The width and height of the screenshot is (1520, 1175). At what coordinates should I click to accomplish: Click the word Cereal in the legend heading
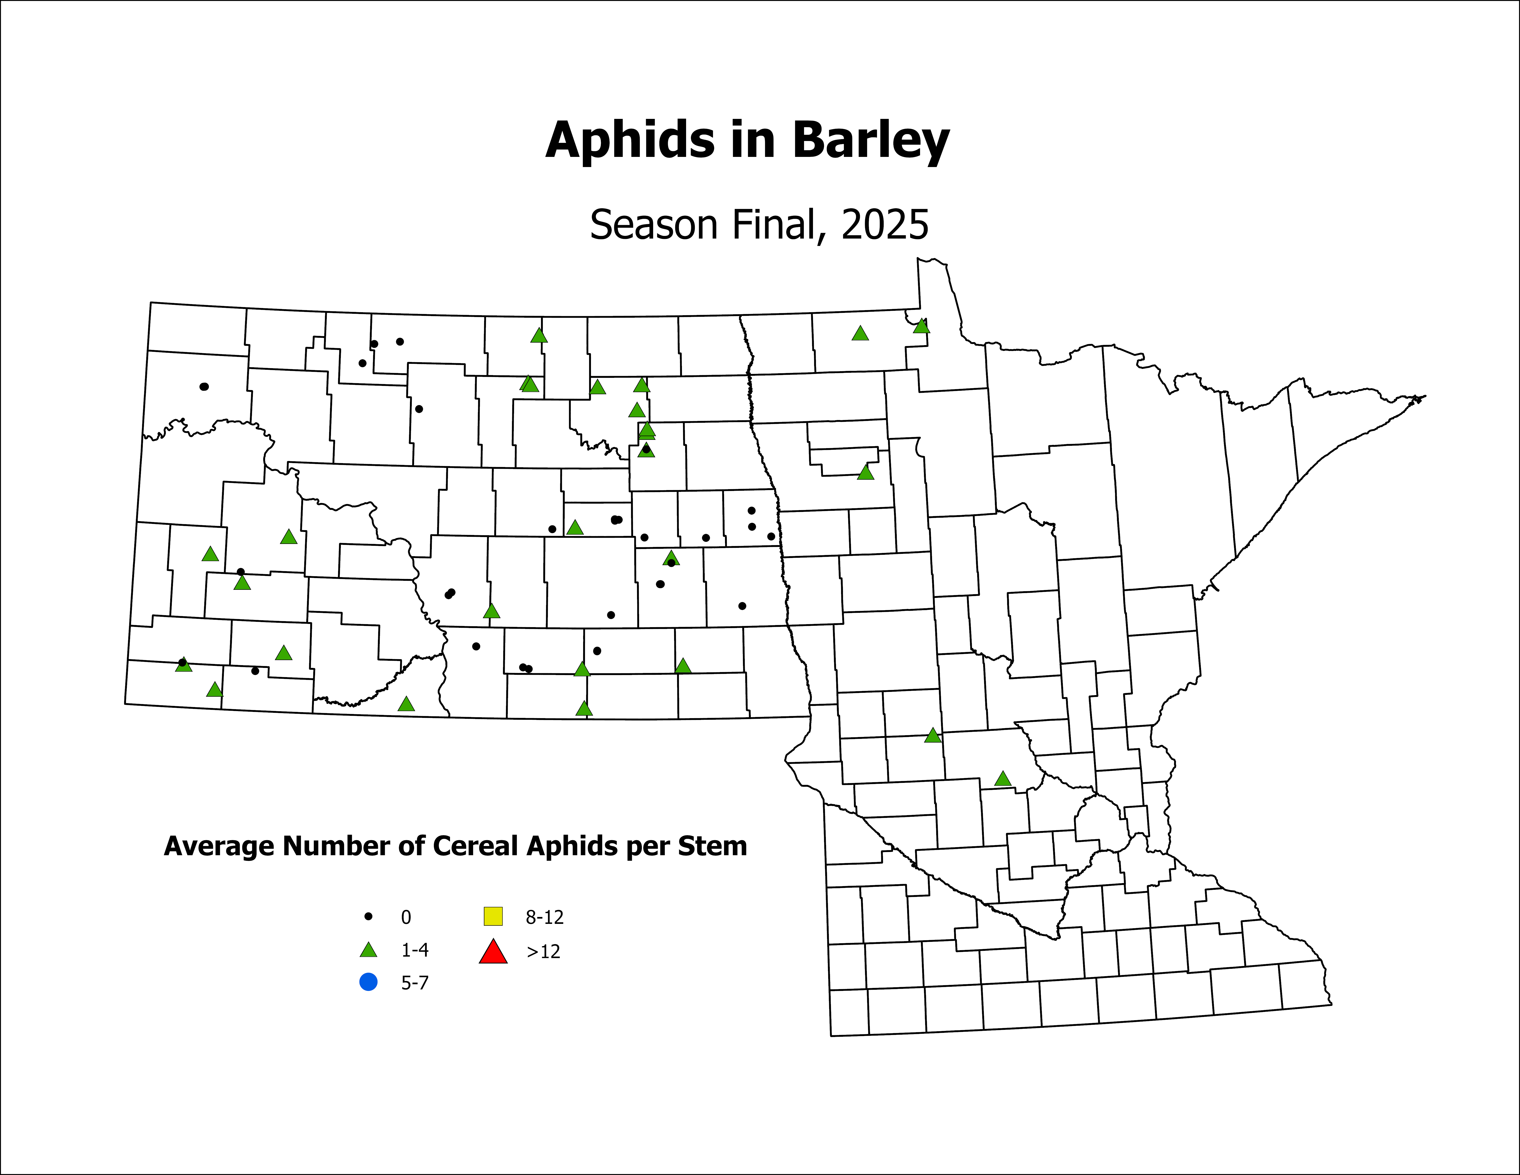pyautogui.click(x=477, y=846)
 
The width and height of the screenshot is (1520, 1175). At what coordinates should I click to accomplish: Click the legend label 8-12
pyautogui.click(x=544, y=917)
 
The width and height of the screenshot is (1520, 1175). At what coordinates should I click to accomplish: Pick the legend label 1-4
pyautogui.click(x=415, y=950)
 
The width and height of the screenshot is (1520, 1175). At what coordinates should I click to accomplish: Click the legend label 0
pyautogui.click(x=406, y=917)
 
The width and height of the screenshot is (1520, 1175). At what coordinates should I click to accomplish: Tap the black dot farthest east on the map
pyautogui.click(x=770, y=536)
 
